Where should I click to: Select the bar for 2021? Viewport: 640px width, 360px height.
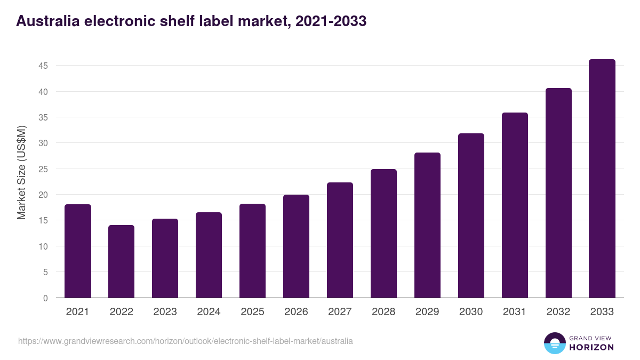(x=78, y=251)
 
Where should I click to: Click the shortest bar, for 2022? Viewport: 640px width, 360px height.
(x=122, y=261)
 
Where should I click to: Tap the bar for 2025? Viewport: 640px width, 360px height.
(x=252, y=251)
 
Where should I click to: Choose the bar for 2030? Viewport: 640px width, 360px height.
(x=471, y=215)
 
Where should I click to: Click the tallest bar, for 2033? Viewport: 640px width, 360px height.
(x=602, y=179)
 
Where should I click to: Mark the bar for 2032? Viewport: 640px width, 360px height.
(x=558, y=193)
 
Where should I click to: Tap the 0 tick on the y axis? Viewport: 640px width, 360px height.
(x=45, y=298)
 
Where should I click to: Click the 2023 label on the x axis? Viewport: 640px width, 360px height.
(x=165, y=312)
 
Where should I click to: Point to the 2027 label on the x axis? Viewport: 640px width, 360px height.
(x=340, y=312)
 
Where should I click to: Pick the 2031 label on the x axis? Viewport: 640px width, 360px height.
(x=515, y=312)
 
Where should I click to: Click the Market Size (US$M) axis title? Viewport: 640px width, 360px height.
(x=21, y=172)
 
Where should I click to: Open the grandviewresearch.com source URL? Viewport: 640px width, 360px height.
(x=185, y=341)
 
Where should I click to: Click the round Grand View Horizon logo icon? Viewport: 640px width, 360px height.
(x=555, y=343)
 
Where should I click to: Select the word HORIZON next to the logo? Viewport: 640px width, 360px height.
(x=591, y=347)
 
